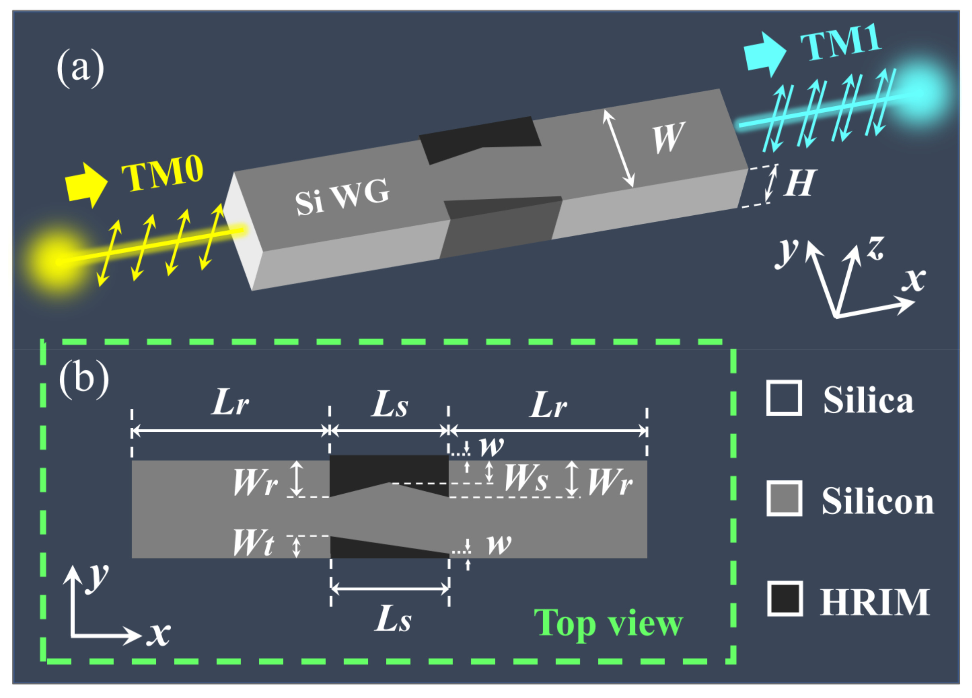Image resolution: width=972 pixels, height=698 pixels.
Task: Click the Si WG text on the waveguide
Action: pyautogui.click(x=342, y=197)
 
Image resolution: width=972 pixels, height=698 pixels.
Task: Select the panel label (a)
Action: pyautogui.click(x=80, y=67)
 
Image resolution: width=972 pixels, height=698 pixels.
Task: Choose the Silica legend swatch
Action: pyautogui.click(x=784, y=398)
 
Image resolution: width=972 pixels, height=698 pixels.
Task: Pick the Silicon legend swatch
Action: pyautogui.click(x=784, y=498)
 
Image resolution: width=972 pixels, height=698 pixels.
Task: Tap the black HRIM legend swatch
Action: pyautogui.click(x=784, y=599)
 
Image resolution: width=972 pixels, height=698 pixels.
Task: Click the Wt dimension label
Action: pyautogui.click(x=253, y=543)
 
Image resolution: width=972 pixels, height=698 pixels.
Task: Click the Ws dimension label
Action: pyautogui.click(x=526, y=477)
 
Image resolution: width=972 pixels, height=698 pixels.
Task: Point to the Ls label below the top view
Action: pyautogui.click(x=393, y=620)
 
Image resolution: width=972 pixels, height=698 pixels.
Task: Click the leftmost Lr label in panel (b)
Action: pyautogui.click(x=230, y=403)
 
